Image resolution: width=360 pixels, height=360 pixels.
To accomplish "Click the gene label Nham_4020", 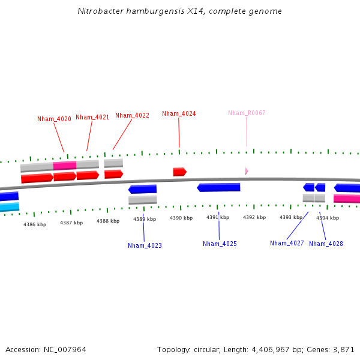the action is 54,119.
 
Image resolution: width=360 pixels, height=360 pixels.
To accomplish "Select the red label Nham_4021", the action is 92,118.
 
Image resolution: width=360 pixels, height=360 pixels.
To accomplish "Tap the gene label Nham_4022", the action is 132,115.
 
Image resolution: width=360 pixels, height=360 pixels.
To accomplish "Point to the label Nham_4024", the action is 179,113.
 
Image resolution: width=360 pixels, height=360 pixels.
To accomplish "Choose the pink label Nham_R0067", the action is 247,113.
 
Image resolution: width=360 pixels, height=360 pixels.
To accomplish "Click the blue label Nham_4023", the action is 145,245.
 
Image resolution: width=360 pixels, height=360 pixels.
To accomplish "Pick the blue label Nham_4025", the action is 220,244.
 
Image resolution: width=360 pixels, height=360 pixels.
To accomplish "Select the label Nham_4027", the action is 287,243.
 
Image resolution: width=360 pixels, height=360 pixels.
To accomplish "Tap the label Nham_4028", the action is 326,244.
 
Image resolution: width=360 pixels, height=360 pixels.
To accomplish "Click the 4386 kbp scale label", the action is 35,224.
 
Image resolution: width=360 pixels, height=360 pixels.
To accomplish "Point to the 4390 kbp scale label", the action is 181,218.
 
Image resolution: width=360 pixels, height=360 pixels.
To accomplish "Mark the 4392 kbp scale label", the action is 254,217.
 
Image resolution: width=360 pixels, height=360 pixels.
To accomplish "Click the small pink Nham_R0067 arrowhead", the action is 247,171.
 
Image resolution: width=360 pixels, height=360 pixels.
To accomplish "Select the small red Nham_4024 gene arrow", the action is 179,172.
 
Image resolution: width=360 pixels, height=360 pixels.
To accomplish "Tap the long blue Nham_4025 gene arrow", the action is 218,187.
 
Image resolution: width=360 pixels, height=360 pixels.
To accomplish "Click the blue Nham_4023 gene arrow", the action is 142,190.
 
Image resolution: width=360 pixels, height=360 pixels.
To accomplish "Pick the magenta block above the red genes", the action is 64,165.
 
